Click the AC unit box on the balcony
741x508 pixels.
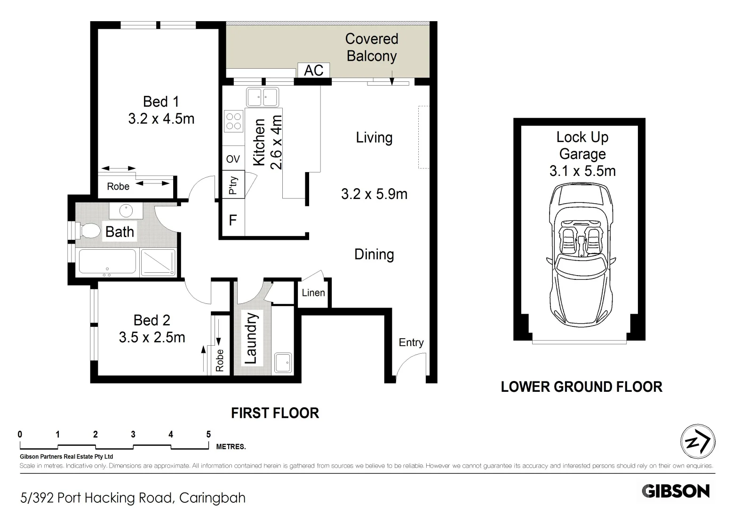coord(314,70)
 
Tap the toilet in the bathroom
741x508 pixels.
coord(88,230)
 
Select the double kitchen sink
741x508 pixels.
coord(263,97)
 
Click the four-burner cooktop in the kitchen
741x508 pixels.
coord(233,121)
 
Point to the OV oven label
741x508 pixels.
coord(233,159)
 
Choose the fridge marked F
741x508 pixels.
coord(233,220)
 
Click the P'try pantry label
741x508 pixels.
coord(233,185)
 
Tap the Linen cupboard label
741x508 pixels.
coord(313,293)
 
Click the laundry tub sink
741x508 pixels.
coord(283,363)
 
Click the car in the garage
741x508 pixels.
coord(581,255)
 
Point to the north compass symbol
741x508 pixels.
coord(698,442)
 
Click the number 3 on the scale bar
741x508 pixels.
coord(133,434)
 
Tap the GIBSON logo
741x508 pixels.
coord(676,491)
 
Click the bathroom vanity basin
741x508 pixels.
coord(126,210)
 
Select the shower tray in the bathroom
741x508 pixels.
coord(158,262)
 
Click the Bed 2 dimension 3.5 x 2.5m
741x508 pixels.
coord(152,337)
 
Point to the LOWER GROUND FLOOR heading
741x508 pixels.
coord(582,387)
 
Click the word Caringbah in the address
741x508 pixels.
coord(212,498)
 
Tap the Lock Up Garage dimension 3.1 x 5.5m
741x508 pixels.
coord(582,171)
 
